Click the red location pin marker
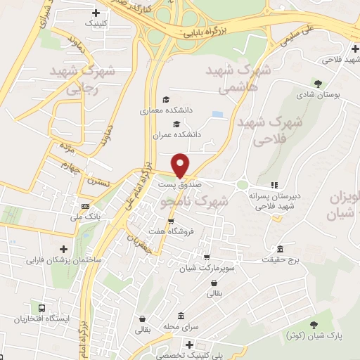[x=181, y=165]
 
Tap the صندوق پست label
[x=180, y=184]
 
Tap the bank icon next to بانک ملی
[x=85, y=207]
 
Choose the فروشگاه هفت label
[x=167, y=231]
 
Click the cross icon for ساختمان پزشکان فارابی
[x=64, y=249]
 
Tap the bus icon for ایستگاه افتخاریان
[x=43, y=308]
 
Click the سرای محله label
[x=181, y=327]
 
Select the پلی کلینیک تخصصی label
[x=188, y=356]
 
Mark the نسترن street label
[x=98, y=181]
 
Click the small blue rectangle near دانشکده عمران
[x=217, y=114]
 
